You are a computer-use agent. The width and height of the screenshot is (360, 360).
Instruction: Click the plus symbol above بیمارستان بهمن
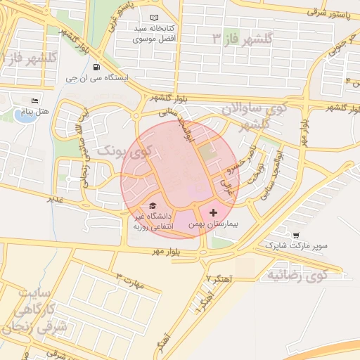point(214,212)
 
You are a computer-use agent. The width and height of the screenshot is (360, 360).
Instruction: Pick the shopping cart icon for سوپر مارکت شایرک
point(295,235)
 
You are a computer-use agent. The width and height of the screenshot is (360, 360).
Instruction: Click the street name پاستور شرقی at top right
point(326,11)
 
